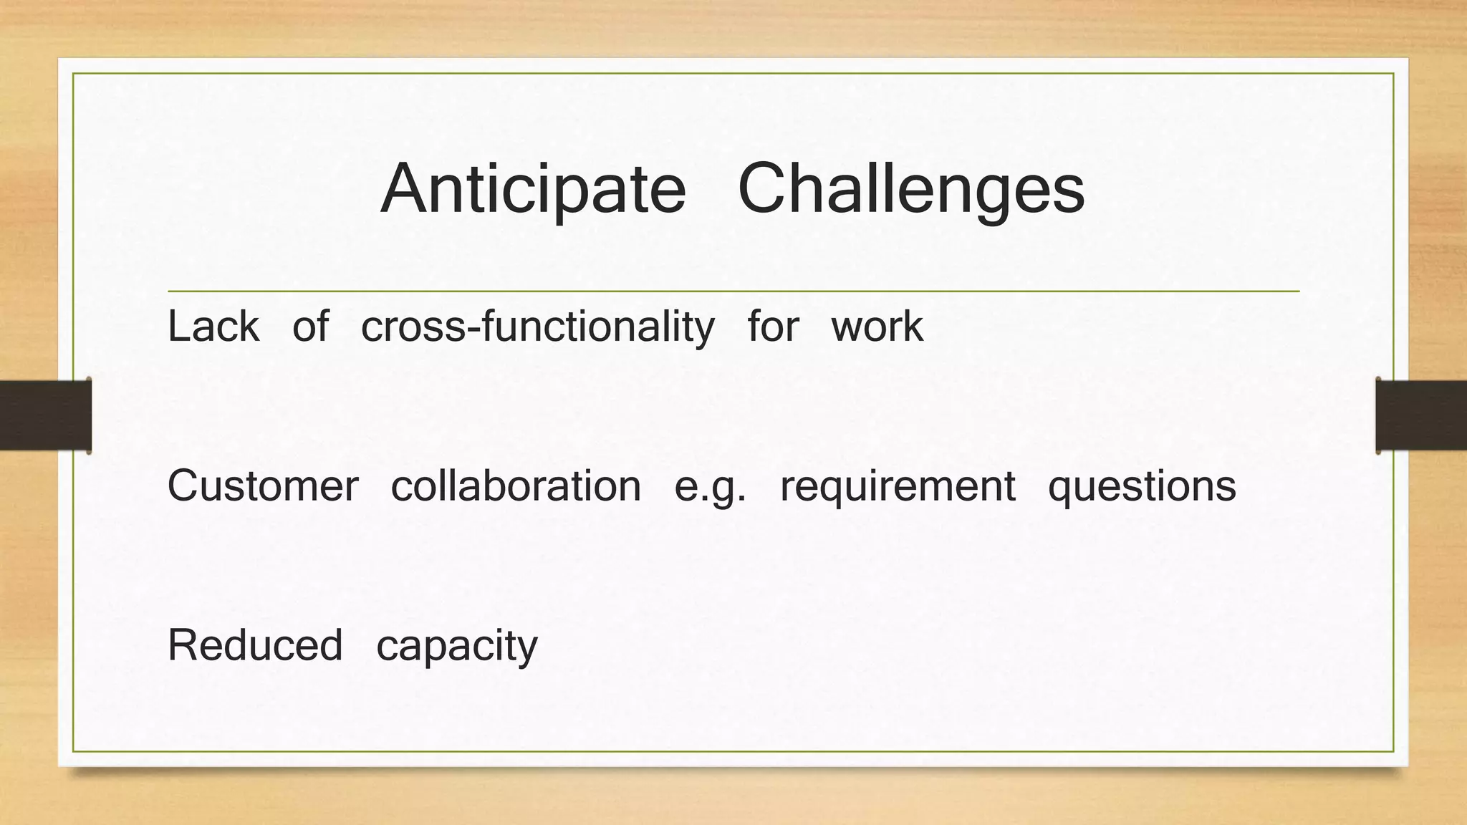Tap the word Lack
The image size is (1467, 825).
213,327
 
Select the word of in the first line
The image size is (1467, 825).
310,327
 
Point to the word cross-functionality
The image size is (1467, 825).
537,327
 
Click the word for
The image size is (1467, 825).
772,327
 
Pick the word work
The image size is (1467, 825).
877,327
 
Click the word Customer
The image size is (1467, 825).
263,486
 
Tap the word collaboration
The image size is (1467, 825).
516,486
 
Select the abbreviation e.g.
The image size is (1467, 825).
710,488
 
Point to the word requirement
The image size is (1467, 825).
898,488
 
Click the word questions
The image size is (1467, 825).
1142,488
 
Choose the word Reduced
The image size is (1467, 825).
255,645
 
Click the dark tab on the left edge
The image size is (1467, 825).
44,415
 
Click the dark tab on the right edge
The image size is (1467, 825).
1421,415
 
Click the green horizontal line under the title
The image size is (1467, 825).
733,291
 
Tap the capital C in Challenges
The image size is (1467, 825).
765,188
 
